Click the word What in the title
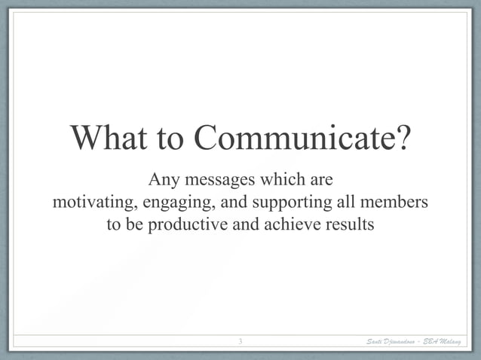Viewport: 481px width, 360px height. click(112, 139)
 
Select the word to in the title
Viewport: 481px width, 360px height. click(175, 139)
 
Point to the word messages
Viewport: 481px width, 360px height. click(219, 181)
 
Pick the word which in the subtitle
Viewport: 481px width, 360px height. click(281, 181)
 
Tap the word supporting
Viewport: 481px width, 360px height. click(290, 203)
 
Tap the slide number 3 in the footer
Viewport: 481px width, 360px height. click(240, 343)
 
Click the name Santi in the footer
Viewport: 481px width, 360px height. click(375, 343)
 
